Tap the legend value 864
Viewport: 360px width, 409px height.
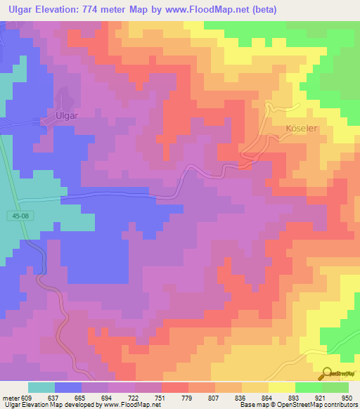pyautogui.click(x=259, y=398)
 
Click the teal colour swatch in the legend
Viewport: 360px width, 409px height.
pyautogui.click(x=41, y=387)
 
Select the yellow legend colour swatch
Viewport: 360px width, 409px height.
pyautogui.click(x=282, y=387)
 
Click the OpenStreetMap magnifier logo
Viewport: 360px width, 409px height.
pyautogui.click(x=327, y=374)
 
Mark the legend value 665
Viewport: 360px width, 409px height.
pyautogui.click(x=71, y=398)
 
